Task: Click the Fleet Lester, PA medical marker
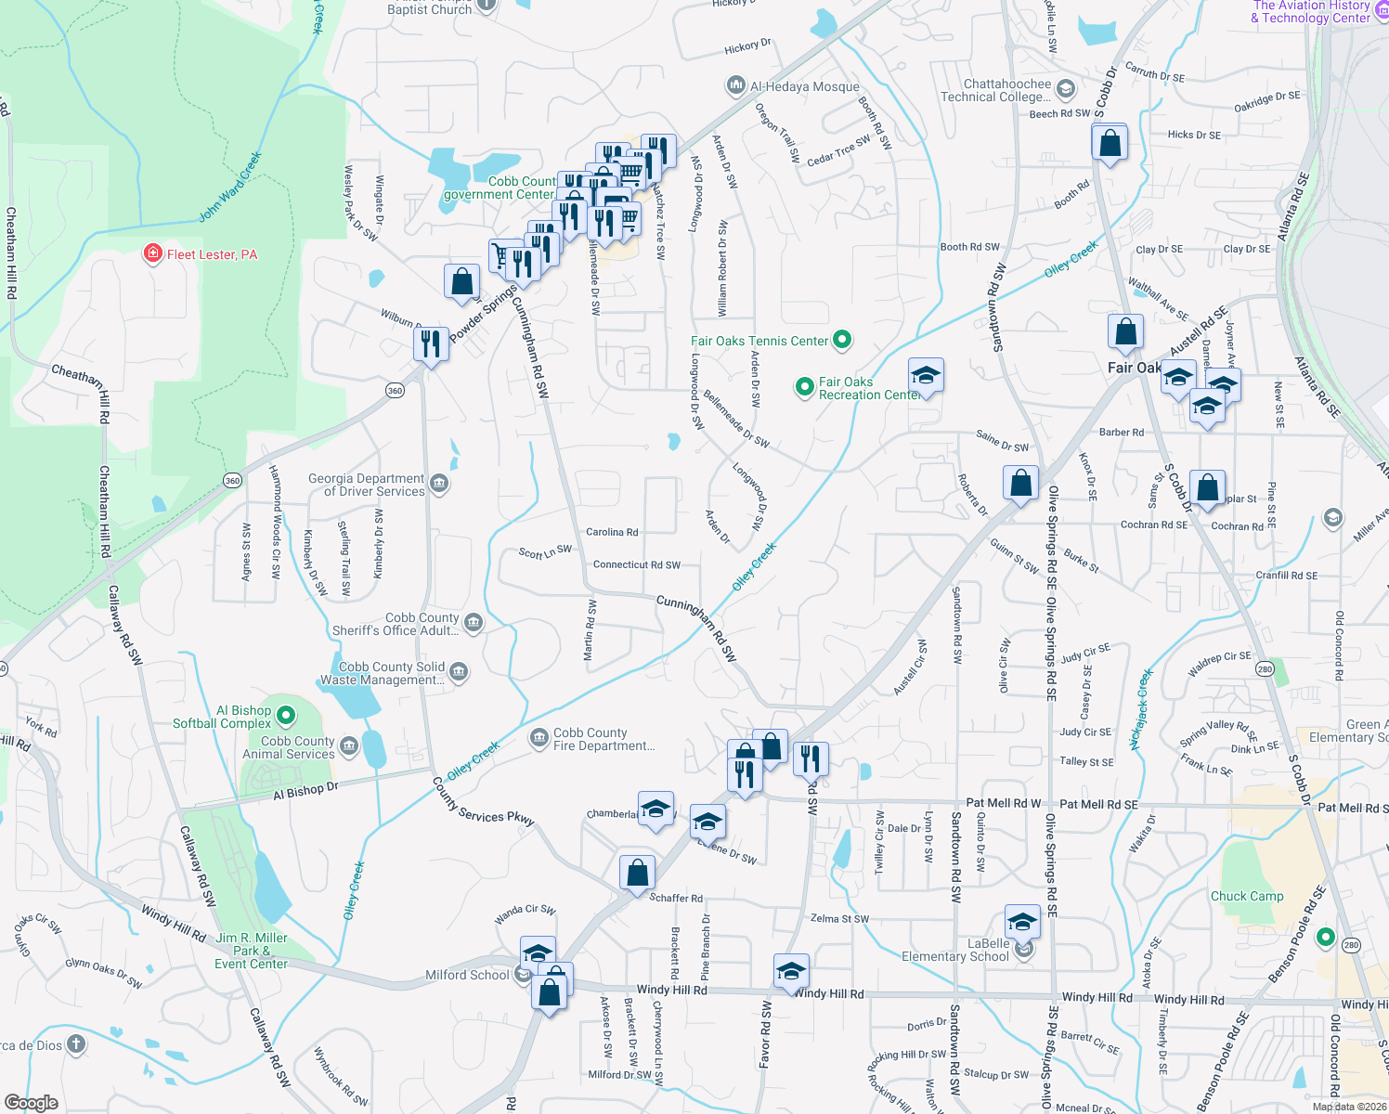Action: tap(153, 253)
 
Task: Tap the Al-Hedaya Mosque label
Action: tap(804, 86)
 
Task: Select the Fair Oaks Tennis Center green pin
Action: tap(842, 340)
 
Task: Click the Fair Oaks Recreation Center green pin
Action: tap(804, 386)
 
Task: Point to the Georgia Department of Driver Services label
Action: tap(367, 485)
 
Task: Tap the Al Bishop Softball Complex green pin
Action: tap(286, 716)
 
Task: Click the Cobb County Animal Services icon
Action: tap(349, 745)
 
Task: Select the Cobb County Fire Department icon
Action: tap(539, 738)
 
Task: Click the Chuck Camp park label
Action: tap(1246, 896)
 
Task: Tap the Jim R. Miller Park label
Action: tap(252, 951)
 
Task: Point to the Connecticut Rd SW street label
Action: tap(636, 564)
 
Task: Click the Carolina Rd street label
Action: tap(612, 532)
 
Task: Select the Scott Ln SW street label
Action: tap(545, 552)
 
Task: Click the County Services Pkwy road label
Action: tap(483, 801)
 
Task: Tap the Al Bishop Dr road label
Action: tap(305, 790)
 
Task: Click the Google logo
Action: tap(32, 1102)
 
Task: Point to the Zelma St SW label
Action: tap(839, 918)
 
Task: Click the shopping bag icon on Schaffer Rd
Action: tap(637, 874)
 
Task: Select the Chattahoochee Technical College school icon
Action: tap(1066, 89)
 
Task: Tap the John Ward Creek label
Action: tap(230, 187)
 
